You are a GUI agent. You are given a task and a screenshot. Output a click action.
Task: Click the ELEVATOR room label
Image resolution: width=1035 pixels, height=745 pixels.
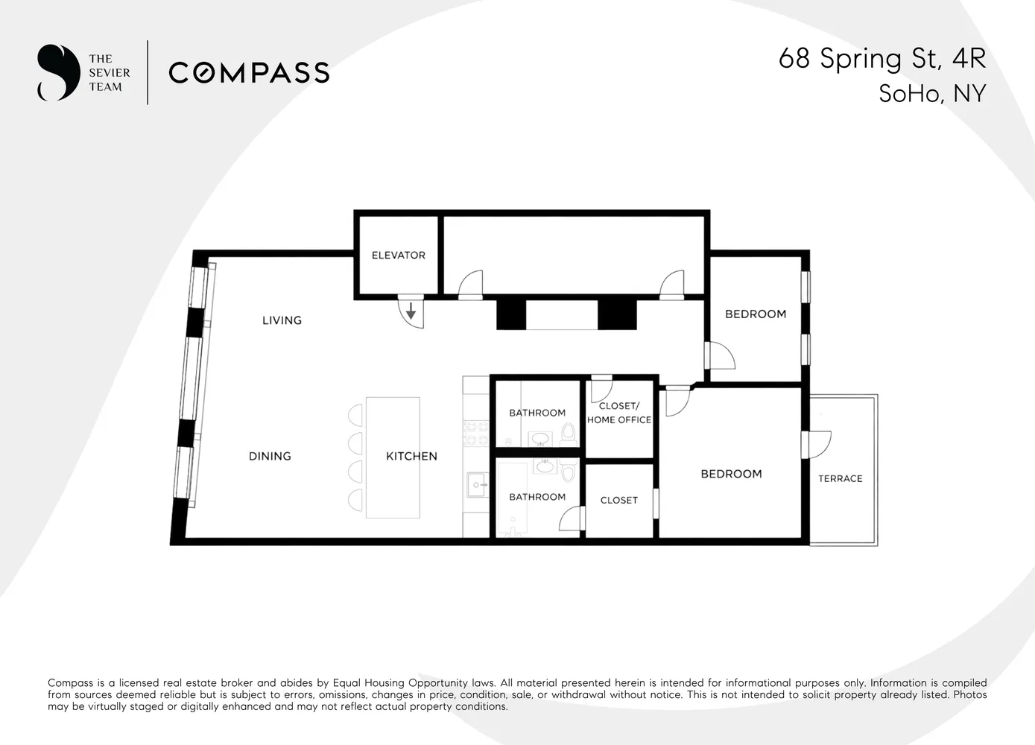click(399, 255)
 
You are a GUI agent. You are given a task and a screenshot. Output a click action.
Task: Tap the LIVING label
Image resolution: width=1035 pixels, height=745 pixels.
click(282, 320)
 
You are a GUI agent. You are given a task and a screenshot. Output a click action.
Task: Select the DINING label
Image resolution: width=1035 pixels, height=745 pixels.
click(270, 456)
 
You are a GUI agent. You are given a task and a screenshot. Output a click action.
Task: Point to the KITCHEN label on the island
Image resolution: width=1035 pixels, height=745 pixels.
click(411, 456)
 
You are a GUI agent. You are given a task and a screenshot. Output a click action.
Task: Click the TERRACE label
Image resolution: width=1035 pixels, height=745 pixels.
click(840, 478)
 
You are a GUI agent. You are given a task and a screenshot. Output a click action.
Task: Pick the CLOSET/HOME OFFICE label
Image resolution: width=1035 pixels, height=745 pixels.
click(619, 413)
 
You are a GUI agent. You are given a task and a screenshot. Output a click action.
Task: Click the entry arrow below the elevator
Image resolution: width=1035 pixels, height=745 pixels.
click(411, 311)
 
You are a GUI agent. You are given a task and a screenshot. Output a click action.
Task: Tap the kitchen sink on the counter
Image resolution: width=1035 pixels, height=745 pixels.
click(478, 484)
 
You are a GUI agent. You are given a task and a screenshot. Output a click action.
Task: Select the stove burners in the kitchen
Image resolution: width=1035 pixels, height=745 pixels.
click(476, 434)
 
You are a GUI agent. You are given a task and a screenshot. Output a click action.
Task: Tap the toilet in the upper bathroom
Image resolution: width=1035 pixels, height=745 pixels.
click(569, 433)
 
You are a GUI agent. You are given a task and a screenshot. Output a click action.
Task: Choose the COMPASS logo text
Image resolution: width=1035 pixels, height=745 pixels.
click(249, 73)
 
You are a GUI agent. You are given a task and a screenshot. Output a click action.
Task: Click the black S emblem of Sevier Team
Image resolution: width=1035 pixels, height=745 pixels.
click(59, 72)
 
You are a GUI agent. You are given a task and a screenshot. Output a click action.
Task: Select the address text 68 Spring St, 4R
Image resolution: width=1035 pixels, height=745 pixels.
click(882, 59)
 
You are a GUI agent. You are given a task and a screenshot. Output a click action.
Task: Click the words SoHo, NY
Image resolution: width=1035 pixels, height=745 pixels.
click(932, 94)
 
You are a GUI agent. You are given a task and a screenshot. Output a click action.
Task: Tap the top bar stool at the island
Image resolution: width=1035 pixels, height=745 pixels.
click(355, 415)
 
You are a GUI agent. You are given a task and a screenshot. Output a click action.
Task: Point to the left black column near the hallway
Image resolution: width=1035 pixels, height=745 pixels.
click(511, 315)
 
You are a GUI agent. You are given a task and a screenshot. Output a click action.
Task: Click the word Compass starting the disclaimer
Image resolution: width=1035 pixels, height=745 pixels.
click(70, 682)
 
